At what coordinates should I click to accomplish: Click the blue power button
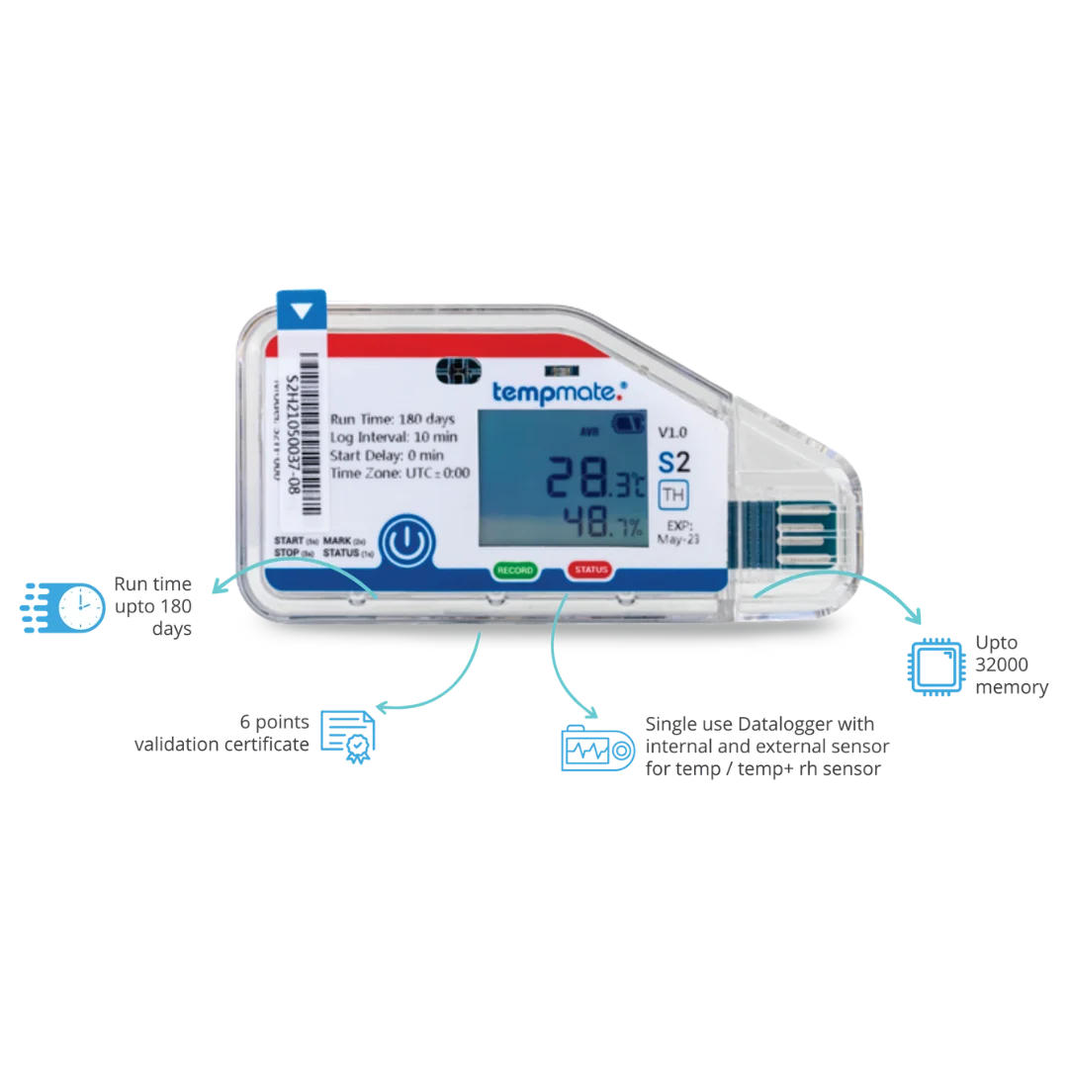(x=407, y=542)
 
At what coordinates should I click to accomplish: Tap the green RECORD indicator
(x=515, y=572)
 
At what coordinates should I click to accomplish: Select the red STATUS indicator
(x=590, y=572)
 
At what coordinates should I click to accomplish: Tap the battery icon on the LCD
(x=626, y=424)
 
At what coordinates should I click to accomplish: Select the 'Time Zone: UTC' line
(x=400, y=473)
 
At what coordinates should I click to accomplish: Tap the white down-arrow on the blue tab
(x=302, y=310)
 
